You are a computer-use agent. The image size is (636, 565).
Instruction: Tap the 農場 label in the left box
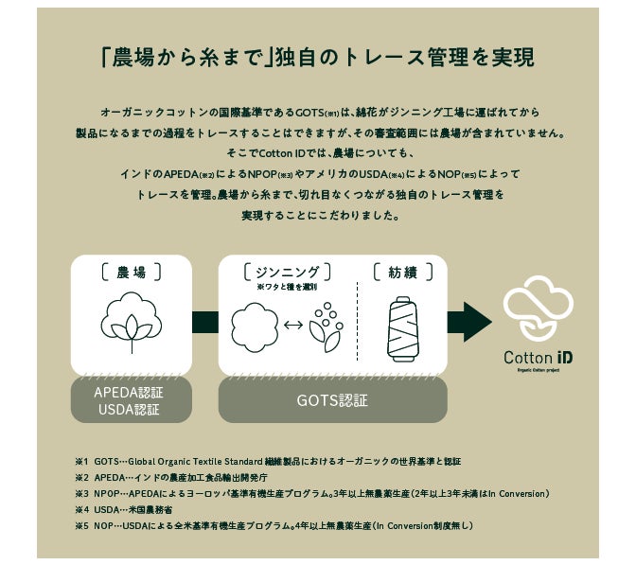point(131,273)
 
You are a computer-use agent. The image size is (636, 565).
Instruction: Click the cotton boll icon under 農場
point(131,319)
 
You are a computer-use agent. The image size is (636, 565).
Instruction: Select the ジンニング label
point(287,273)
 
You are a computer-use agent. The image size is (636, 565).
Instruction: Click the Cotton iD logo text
point(538,361)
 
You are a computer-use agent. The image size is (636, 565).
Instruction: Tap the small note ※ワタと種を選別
point(287,287)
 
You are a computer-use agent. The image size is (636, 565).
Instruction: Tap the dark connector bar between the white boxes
point(204,323)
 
